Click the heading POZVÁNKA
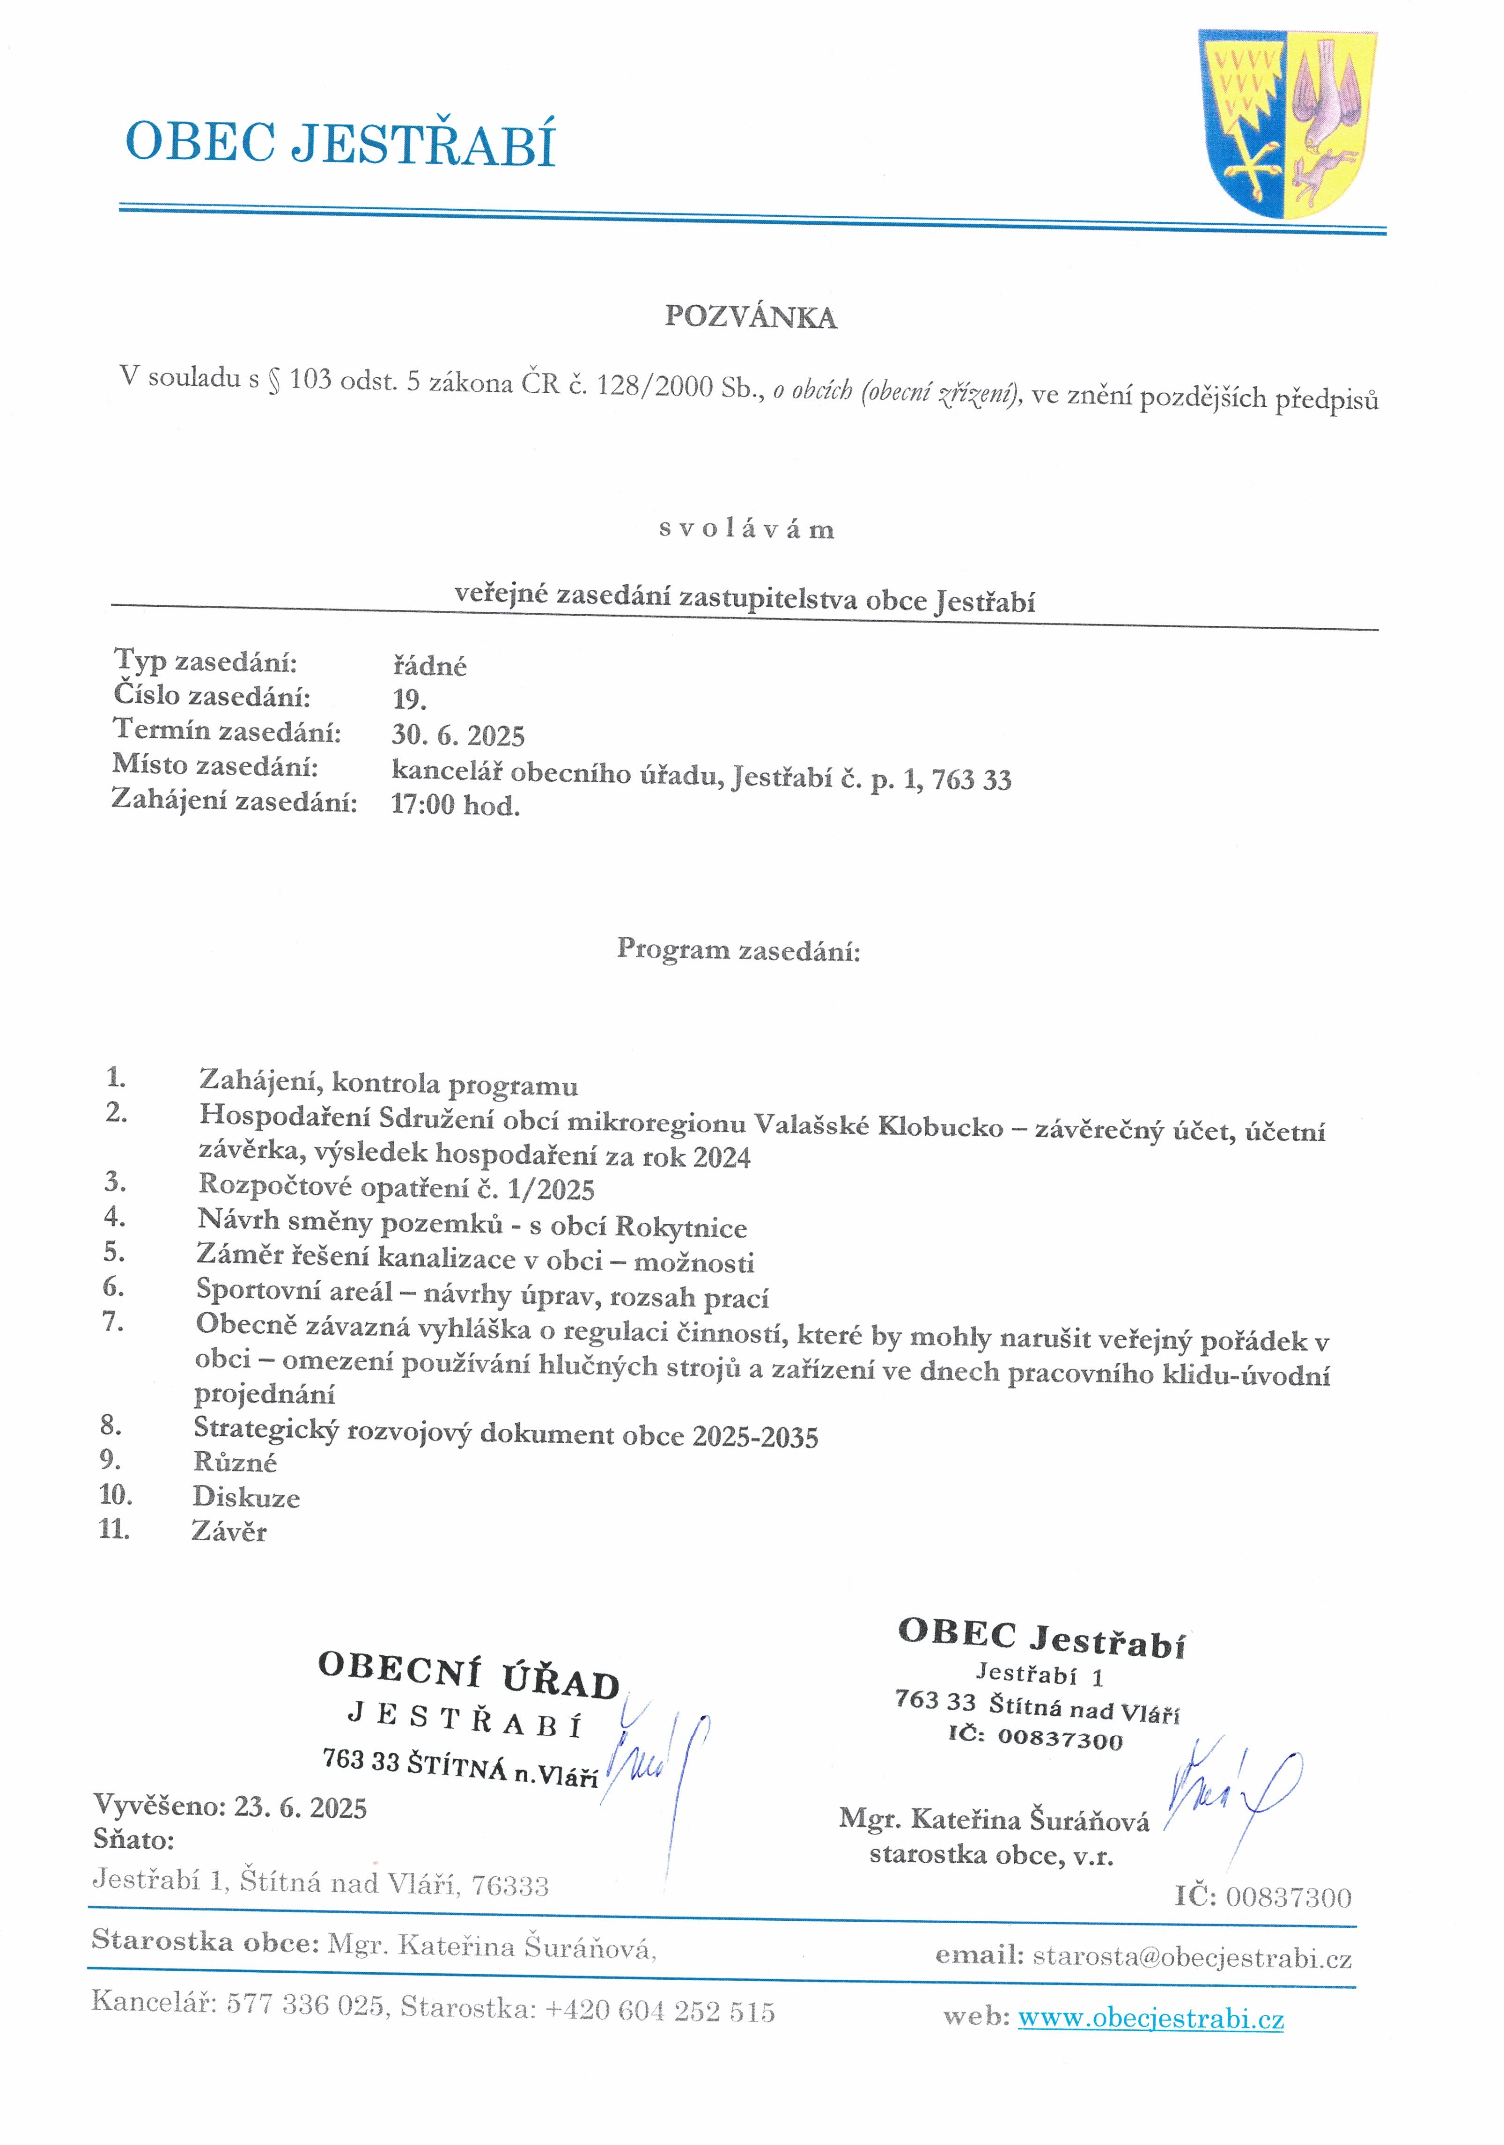(x=750, y=318)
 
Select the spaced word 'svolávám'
(x=746, y=529)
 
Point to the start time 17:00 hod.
(x=455, y=804)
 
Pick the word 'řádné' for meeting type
(x=429, y=665)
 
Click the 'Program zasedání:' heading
(x=738, y=950)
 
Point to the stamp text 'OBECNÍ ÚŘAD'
(x=469, y=1675)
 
